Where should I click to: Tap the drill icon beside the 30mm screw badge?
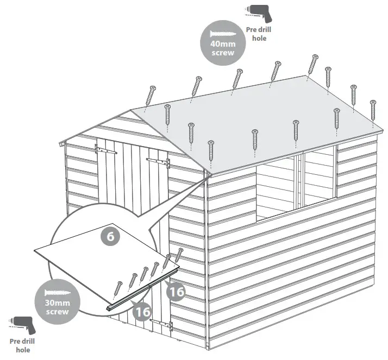click(x=21, y=324)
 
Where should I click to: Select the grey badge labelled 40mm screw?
click(x=222, y=42)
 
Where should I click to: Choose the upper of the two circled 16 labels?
click(x=176, y=292)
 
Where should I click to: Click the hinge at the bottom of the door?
click(x=161, y=325)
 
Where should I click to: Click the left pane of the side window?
click(x=276, y=187)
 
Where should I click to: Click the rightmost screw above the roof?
click(x=373, y=110)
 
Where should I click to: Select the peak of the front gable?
click(x=132, y=111)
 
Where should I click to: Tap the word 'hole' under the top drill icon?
click(x=260, y=39)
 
